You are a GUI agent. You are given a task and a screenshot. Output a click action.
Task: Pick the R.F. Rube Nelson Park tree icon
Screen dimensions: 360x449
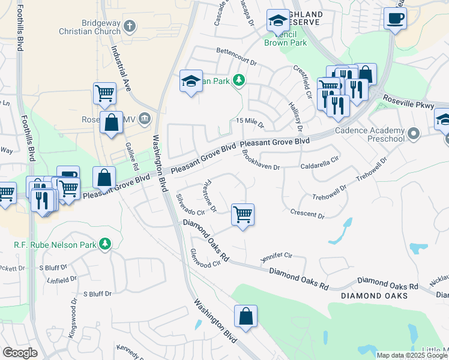tap(105, 243)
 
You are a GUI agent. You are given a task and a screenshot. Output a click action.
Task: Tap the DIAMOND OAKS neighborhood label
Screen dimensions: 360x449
tap(375, 296)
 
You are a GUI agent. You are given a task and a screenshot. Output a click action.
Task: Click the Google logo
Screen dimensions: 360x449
tap(20, 352)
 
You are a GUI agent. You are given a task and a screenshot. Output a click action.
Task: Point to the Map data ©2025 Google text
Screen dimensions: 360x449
tap(412, 355)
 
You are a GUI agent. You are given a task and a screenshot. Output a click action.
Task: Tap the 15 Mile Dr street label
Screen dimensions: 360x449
tap(250, 122)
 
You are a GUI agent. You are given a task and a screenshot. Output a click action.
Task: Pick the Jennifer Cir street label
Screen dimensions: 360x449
tap(276, 257)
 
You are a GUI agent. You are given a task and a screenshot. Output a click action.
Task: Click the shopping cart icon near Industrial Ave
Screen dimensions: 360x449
tap(104, 93)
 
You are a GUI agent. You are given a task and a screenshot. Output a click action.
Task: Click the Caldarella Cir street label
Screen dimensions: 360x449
tap(320, 161)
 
